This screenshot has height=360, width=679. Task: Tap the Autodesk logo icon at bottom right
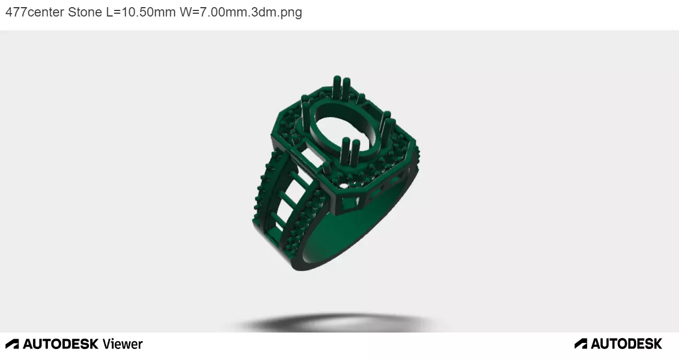581,344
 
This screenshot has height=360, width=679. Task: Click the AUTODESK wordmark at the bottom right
626,344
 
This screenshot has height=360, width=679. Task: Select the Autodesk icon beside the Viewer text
12,344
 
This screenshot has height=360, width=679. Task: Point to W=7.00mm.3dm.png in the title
241,12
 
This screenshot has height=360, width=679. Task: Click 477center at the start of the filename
35,12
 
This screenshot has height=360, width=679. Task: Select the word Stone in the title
85,12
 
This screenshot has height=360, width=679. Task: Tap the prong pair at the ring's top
342,88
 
